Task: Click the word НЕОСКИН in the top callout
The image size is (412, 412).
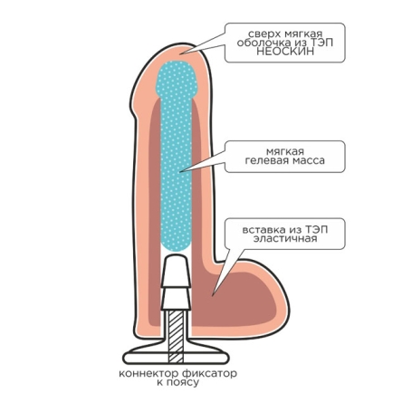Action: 285,52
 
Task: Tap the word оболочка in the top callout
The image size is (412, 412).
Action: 261,43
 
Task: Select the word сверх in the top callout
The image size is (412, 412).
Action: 261,34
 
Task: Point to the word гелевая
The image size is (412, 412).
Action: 263,160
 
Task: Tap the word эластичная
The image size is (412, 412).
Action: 285,239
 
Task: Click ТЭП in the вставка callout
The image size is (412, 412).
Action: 316,230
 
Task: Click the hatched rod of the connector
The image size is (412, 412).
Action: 176,335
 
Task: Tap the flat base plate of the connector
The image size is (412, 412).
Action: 176,358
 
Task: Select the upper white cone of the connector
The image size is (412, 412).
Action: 176,271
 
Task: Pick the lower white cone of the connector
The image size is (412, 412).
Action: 176,299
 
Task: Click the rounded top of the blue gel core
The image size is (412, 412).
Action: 177,79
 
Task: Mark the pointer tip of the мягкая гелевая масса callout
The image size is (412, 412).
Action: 179,172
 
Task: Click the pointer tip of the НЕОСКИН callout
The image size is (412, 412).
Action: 180,54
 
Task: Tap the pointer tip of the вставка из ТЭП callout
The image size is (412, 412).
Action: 213,295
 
